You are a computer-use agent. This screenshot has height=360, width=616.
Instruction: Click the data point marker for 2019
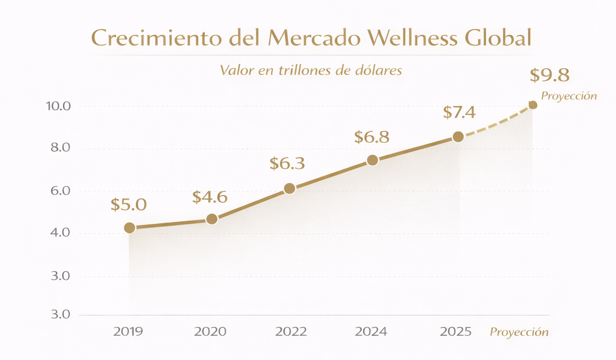(130, 228)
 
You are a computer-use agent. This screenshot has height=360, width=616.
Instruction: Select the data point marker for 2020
(212, 219)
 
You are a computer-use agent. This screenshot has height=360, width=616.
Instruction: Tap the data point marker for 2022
(289, 188)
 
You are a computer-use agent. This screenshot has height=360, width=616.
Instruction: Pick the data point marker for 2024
(373, 160)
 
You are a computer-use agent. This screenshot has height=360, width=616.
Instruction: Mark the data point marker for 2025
(458, 137)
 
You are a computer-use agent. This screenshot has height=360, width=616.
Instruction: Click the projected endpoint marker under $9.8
(533, 105)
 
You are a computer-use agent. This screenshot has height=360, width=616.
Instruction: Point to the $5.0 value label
(128, 205)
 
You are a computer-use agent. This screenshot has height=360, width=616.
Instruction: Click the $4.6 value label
(209, 197)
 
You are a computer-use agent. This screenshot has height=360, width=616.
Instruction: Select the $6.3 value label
(287, 164)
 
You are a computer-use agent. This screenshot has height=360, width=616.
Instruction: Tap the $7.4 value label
(459, 112)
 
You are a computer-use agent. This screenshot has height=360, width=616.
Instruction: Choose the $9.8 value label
(549, 76)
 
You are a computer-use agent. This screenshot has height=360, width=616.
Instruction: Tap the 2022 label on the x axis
(291, 332)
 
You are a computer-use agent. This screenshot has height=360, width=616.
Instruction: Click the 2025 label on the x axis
(456, 332)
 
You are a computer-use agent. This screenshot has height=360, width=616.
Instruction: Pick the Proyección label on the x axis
(519, 332)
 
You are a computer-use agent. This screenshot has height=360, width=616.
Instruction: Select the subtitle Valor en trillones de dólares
(311, 71)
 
